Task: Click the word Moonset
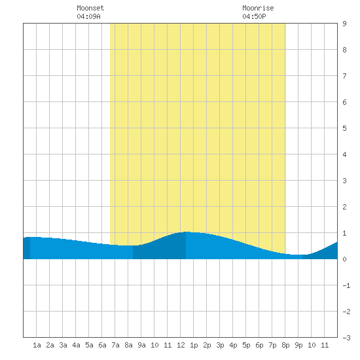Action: pyautogui.click(x=90, y=8)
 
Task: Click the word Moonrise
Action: pyautogui.click(x=258, y=8)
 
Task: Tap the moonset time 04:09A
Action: pyautogui.click(x=88, y=16)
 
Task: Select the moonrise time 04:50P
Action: pyautogui.click(x=254, y=16)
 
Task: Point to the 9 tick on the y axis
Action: pyautogui.click(x=344, y=24)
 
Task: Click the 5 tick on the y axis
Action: pyautogui.click(x=344, y=128)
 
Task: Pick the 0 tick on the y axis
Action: pyautogui.click(x=344, y=259)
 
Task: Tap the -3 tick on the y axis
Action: pyautogui.click(x=347, y=338)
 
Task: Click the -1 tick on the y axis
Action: pyautogui.click(x=347, y=285)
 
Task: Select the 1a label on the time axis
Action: pyautogui.click(x=37, y=345)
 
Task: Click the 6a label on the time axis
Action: pyautogui.click(x=102, y=345)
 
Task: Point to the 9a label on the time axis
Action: pyautogui.click(x=141, y=345)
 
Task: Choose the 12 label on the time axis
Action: pyautogui.click(x=181, y=345)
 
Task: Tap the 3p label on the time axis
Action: pyautogui.click(x=220, y=345)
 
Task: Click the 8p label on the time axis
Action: pyautogui.click(x=285, y=345)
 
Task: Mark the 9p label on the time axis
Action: pyautogui.click(x=298, y=345)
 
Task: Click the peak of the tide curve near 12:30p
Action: pyautogui.click(x=187, y=232)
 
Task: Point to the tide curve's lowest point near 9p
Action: pyautogui.click(x=298, y=255)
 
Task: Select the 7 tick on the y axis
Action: pyautogui.click(x=344, y=76)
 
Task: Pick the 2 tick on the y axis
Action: pyautogui.click(x=344, y=207)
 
